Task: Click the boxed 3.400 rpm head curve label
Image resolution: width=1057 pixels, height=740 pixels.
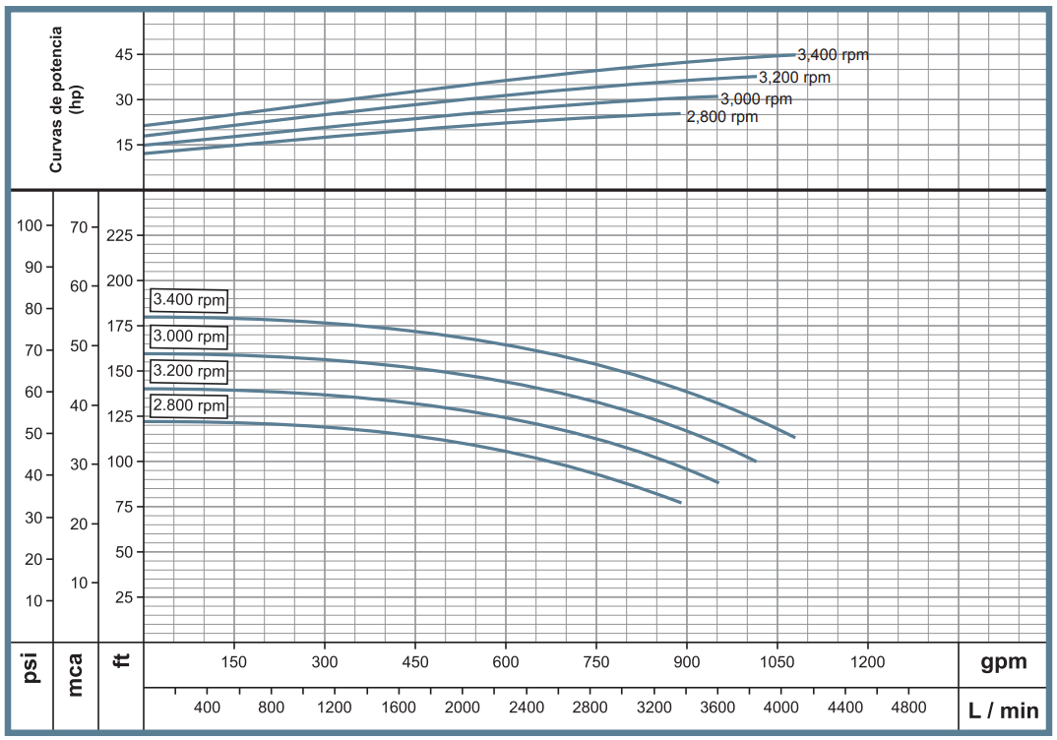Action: pos(189,300)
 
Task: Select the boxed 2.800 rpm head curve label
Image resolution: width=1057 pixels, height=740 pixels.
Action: pos(189,406)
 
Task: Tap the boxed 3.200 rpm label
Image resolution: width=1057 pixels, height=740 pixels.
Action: pos(189,372)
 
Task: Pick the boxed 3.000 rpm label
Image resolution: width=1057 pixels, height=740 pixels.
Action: pos(189,337)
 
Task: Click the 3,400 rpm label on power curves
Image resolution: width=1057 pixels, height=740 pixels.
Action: pos(833,55)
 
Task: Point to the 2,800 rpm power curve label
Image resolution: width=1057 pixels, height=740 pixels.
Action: pos(722,116)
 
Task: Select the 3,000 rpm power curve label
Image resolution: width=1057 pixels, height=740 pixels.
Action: pos(756,99)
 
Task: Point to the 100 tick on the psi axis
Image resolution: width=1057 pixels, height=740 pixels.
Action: pos(31,225)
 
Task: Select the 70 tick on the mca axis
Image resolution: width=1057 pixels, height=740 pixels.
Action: pos(80,226)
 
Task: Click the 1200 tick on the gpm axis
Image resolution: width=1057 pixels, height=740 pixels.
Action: pos(868,662)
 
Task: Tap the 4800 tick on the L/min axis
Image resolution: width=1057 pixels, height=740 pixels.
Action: pos(907,708)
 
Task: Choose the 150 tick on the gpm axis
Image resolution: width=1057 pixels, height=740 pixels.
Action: pos(233,662)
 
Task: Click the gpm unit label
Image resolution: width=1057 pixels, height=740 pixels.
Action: pos(1003,662)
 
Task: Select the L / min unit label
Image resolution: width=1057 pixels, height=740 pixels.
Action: pos(1003,709)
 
